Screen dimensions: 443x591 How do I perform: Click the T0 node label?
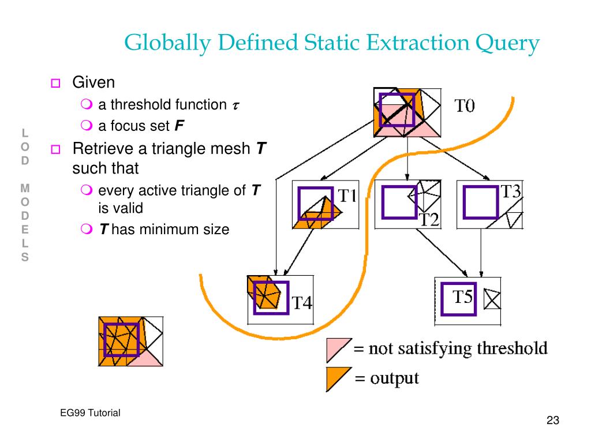point(465,106)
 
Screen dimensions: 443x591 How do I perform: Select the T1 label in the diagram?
point(346,196)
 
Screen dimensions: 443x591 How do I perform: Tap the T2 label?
point(429,219)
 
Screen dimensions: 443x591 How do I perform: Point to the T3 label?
point(510,192)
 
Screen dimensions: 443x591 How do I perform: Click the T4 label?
point(302,302)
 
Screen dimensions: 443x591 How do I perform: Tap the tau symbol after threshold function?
point(235,106)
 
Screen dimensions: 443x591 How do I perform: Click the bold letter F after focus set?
point(179,126)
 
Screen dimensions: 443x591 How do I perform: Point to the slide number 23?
point(553,421)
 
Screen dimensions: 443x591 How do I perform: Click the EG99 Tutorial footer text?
point(90,412)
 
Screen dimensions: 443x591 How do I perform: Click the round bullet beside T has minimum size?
point(85,230)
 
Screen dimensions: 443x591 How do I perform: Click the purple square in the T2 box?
point(399,202)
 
